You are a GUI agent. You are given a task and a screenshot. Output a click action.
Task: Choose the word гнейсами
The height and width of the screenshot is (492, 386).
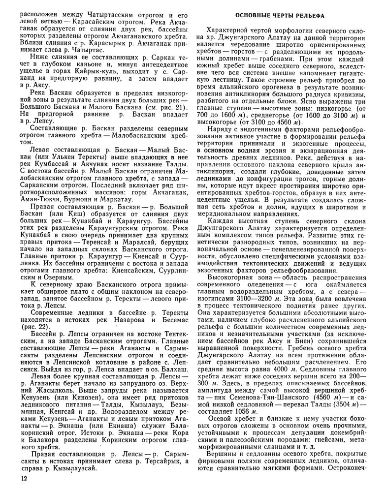[328, 436]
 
